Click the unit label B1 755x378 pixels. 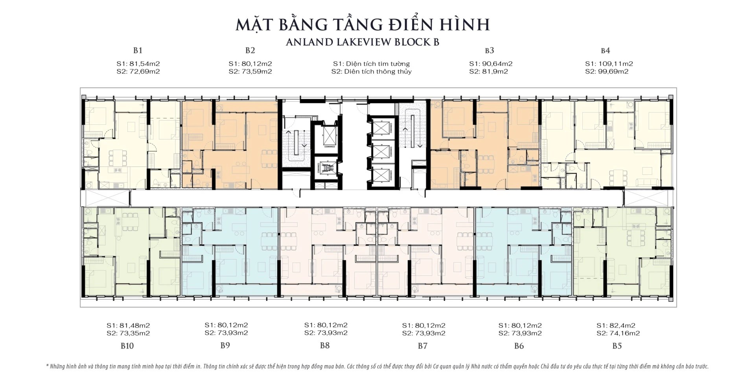tap(138, 50)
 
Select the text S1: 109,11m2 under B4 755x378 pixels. tap(609, 64)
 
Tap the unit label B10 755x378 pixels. tap(127, 346)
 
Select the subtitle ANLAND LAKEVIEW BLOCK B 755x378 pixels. tap(362, 42)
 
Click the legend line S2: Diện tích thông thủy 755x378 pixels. tap(371, 72)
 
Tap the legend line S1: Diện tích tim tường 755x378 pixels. tap(371, 64)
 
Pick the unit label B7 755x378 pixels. tap(422, 346)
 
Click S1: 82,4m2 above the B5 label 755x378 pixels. tap(616, 325)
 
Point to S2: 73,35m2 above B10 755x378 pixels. tap(128, 333)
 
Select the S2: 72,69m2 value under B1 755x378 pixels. tap(138, 72)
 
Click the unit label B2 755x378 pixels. tap(250, 50)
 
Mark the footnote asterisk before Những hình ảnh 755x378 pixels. tap(47, 366)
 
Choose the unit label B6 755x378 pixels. tap(519, 346)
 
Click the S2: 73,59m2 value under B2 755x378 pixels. tap(250, 72)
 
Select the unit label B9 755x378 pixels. tap(225, 346)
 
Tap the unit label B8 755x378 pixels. tap(325, 346)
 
